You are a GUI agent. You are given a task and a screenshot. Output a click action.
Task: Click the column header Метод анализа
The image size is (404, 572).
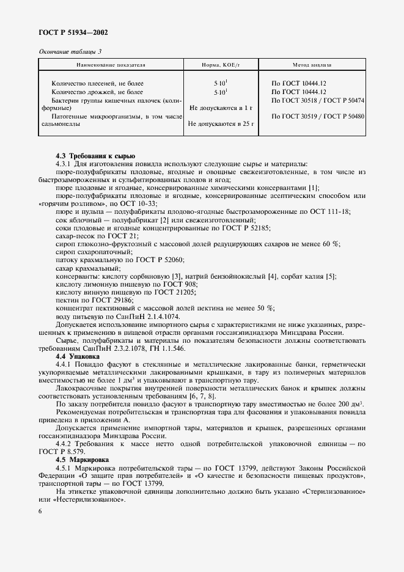click(x=314, y=64)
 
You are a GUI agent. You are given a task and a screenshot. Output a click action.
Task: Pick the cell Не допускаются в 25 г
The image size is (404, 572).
click(x=221, y=124)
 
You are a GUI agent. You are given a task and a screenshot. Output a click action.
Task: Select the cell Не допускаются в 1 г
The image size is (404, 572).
click(x=221, y=108)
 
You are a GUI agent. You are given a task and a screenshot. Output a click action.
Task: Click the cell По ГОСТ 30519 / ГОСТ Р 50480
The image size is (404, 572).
click(x=317, y=116)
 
